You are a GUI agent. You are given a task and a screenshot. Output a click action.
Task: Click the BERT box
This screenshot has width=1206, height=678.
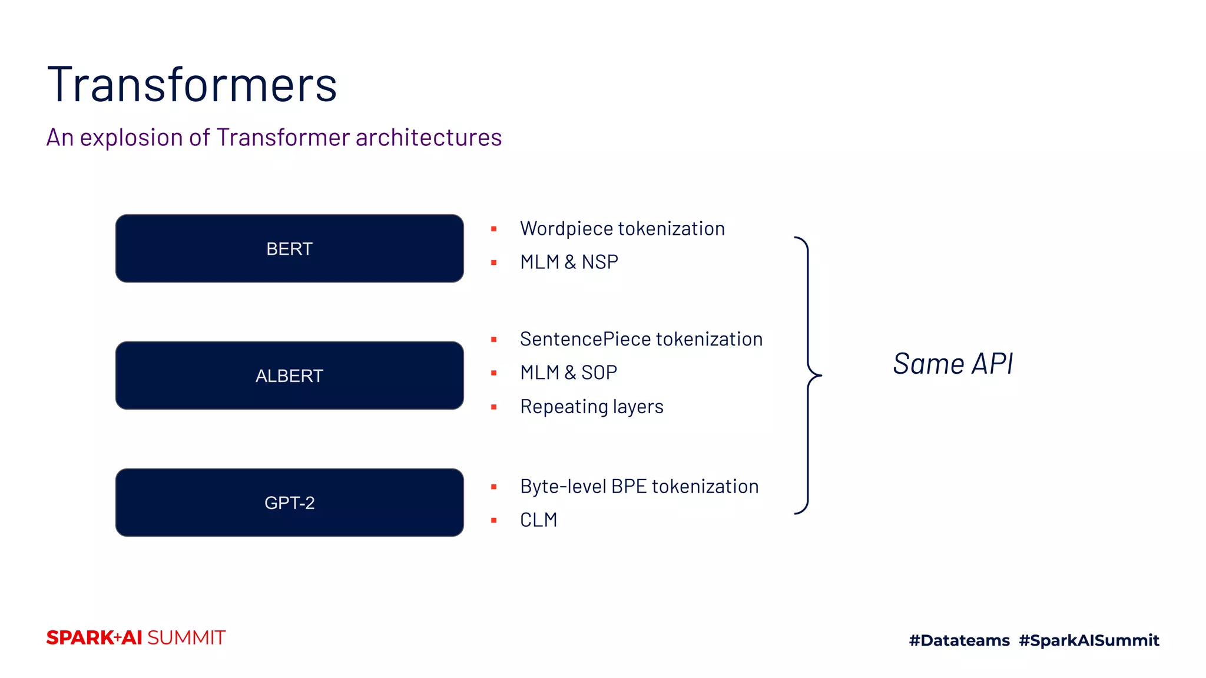click(x=289, y=248)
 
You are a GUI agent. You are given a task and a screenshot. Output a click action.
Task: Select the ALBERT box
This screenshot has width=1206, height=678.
click(x=289, y=375)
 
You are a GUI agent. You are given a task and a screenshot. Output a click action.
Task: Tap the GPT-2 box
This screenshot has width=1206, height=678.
click(x=289, y=503)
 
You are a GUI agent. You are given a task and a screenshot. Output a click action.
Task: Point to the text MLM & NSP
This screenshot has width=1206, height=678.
click(x=569, y=262)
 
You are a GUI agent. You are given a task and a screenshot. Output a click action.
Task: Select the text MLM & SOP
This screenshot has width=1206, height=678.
click(x=568, y=373)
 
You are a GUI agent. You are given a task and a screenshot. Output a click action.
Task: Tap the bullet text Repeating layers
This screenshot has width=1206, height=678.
click(x=591, y=407)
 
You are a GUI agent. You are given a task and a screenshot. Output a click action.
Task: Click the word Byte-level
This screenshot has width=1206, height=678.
click(x=563, y=487)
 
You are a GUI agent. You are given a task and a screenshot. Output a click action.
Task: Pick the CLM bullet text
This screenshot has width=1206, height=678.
click(x=538, y=520)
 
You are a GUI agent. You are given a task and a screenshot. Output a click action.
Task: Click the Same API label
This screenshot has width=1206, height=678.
click(x=953, y=363)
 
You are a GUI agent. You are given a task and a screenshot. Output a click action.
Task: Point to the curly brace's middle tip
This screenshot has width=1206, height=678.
click(x=820, y=375)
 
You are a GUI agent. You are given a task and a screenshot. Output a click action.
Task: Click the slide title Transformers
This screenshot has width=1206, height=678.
click(x=192, y=85)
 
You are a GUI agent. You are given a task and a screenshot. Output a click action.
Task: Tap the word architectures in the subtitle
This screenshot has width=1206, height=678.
click(x=428, y=138)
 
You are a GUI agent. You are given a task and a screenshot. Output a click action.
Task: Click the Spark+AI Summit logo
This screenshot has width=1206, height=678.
click(x=136, y=637)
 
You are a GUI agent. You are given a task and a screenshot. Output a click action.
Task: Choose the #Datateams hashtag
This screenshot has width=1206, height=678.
click(x=959, y=640)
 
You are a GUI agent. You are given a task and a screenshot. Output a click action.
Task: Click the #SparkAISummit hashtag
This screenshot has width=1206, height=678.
click(x=1089, y=640)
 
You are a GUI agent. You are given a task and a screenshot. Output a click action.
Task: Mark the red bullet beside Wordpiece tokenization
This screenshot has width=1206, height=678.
click(x=493, y=229)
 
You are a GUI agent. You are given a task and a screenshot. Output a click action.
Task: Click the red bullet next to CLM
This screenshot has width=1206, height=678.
click(x=493, y=520)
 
